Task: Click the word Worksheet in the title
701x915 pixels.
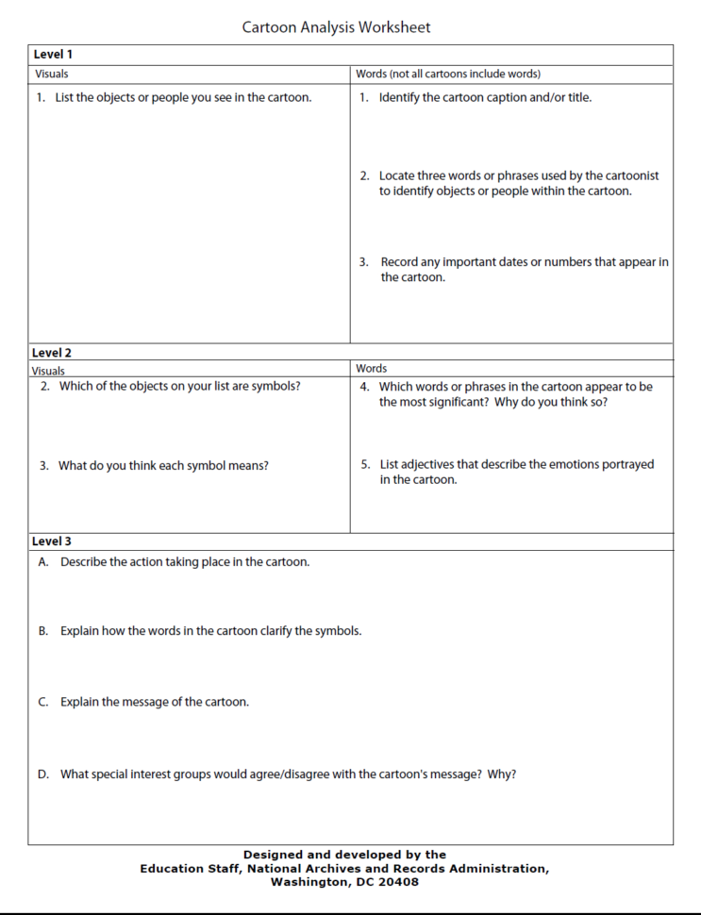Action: pyautogui.click(x=393, y=27)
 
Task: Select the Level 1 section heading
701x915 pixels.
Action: pyautogui.click(x=53, y=55)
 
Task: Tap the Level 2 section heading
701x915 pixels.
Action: pyautogui.click(x=53, y=353)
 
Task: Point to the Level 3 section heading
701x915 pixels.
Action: pyautogui.click(x=53, y=541)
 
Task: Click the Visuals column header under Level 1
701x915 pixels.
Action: pyautogui.click(x=52, y=74)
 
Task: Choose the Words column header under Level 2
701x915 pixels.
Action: pyautogui.click(x=372, y=368)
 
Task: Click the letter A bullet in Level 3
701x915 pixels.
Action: pyautogui.click(x=43, y=562)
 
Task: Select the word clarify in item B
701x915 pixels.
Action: pyautogui.click(x=272, y=630)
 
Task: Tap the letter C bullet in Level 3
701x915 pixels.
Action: pyautogui.click(x=43, y=702)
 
